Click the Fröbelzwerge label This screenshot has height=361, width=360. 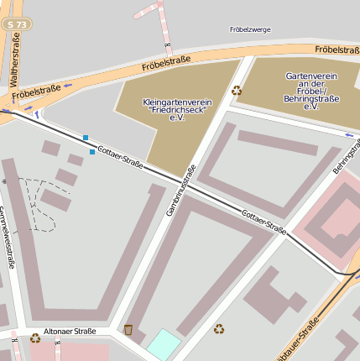(250, 29)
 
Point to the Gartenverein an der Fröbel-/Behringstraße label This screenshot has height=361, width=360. (311, 91)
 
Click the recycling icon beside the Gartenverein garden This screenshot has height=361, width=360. (237, 90)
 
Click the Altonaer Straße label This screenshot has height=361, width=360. (71, 332)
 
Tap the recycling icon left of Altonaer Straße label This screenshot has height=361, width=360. (35, 338)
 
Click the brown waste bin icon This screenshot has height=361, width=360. (128, 329)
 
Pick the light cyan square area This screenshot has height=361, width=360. (164, 344)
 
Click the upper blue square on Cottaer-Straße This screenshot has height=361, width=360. (85, 138)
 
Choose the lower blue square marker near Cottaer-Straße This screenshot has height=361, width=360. (92, 152)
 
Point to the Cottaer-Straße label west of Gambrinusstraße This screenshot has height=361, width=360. (120, 157)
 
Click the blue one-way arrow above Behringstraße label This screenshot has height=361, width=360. (349, 134)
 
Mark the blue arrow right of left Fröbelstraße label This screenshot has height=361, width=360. (67, 85)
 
